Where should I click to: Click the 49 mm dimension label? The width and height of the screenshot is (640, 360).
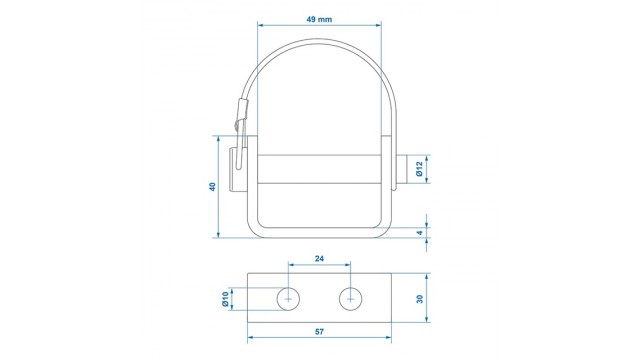(319, 19)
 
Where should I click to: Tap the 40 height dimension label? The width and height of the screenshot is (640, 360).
(212, 187)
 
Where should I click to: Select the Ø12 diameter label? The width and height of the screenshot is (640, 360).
(419, 169)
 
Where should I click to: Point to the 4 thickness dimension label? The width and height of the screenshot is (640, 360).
(420, 233)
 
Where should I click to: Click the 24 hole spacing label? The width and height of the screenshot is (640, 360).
(319, 258)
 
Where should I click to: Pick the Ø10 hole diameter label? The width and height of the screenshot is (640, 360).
(225, 299)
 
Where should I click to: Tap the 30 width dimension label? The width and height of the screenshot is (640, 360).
(420, 299)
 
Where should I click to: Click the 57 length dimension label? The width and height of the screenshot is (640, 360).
(319, 332)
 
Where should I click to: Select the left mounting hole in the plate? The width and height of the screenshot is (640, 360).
(288, 299)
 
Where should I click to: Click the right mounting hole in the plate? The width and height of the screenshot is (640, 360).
(351, 299)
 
